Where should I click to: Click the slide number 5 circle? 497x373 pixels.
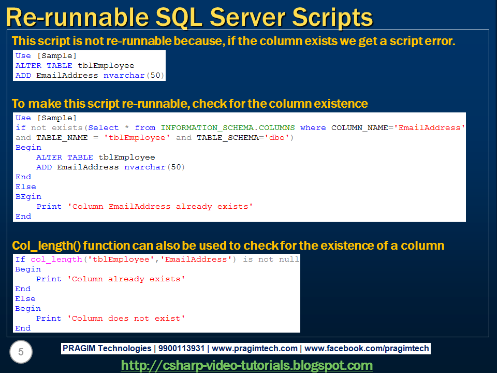(21, 352)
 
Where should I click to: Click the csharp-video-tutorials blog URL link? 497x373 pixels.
(247, 365)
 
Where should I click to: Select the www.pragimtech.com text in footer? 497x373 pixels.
(255, 349)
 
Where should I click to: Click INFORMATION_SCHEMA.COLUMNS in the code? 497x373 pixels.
(228, 127)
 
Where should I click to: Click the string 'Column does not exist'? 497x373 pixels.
(126, 318)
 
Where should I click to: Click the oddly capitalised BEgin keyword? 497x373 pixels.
(28, 196)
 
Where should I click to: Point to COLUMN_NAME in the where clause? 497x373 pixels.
(360, 127)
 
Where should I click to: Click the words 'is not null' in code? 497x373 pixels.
(271, 259)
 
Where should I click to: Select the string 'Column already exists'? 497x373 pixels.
(126, 279)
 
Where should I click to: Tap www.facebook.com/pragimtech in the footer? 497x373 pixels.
(367, 349)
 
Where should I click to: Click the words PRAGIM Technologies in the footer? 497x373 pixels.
(107, 349)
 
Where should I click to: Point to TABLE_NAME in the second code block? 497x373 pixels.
(59, 137)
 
